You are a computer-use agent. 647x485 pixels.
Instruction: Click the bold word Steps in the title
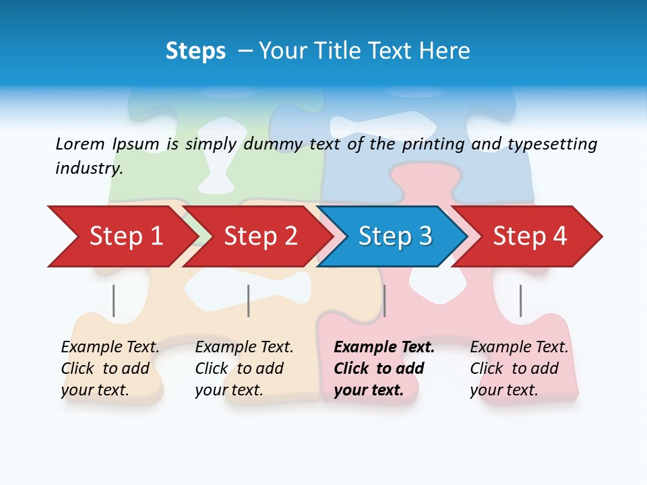(195, 51)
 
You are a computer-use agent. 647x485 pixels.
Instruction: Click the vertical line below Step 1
(113, 300)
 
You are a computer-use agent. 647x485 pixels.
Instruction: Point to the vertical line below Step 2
(248, 300)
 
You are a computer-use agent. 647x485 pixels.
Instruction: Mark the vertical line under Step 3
(384, 300)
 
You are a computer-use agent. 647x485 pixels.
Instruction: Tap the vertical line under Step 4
(520, 300)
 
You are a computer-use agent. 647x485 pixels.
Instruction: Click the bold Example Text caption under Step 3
(384, 368)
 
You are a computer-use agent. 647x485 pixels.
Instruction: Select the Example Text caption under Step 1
(110, 368)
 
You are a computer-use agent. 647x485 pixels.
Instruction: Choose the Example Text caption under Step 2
(244, 368)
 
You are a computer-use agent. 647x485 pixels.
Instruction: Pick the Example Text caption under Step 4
(519, 368)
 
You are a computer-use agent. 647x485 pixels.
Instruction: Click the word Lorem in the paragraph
(80, 144)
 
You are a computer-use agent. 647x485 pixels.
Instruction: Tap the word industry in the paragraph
(89, 168)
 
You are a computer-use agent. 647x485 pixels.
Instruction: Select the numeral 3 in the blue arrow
(425, 236)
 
